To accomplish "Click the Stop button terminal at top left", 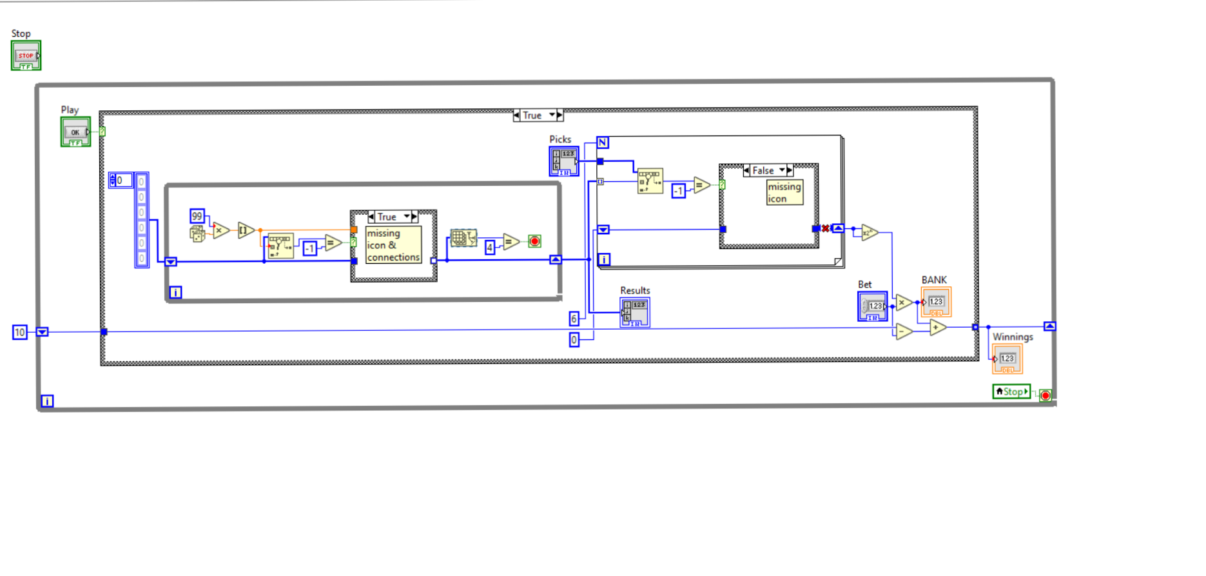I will pyautogui.click(x=26, y=55).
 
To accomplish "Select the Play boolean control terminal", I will pyautogui.click(x=75, y=132).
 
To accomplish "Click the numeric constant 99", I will pyautogui.click(x=197, y=216).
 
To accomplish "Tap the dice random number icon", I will pyautogui.click(x=197, y=233).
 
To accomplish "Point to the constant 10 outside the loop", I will pyautogui.click(x=20, y=332).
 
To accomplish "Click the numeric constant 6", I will pyautogui.click(x=574, y=318).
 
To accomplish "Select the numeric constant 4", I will pyautogui.click(x=490, y=247).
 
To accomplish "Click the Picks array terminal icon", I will pyautogui.click(x=564, y=161).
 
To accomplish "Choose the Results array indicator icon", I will pyautogui.click(x=635, y=312).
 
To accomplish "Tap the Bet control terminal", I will pyautogui.click(x=872, y=306).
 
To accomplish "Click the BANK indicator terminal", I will pyautogui.click(x=936, y=302).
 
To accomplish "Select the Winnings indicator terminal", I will pyautogui.click(x=1007, y=359).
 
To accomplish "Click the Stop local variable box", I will pyautogui.click(x=1011, y=392).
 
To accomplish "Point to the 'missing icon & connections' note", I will pyautogui.click(x=393, y=245).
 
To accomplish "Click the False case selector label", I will pyautogui.click(x=764, y=170).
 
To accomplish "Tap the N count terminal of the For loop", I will pyautogui.click(x=603, y=143).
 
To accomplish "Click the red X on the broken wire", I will pyautogui.click(x=826, y=228).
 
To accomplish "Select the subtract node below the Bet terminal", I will pyautogui.click(x=904, y=332).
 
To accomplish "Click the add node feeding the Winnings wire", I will pyautogui.click(x=937, y=328).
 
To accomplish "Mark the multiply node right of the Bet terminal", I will pyautogui.click(x=903, y=302).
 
